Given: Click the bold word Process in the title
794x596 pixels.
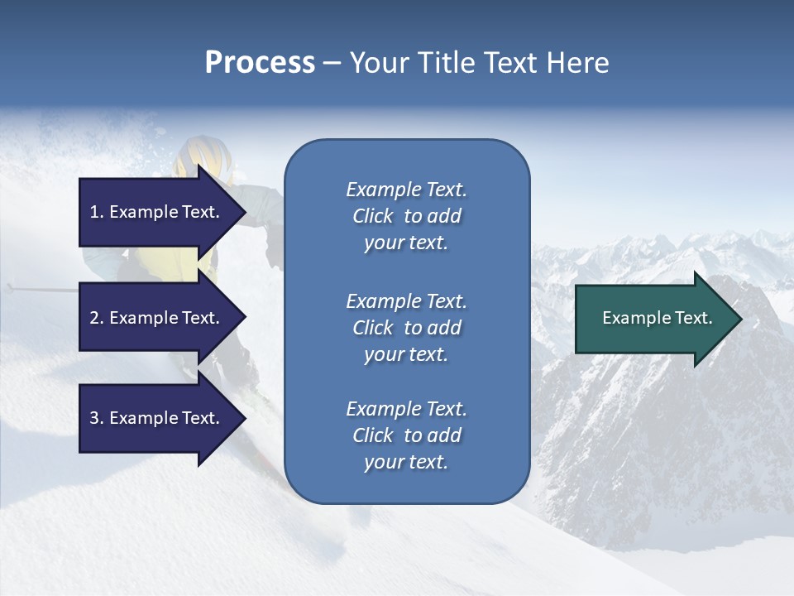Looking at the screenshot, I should click(x=260, y=63).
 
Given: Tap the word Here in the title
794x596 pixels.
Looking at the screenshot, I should click(x=577, y=63).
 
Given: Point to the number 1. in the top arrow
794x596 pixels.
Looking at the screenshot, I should click(x=97, y=212).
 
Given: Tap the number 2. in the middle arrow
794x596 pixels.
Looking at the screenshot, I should click(x=97, y=318).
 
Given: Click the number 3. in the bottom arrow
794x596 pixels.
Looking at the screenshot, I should click(x=97, y=418).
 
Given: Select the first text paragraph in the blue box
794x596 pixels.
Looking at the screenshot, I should click(x=406, y=216).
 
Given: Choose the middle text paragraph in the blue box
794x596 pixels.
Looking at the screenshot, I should click(x=406, y=328).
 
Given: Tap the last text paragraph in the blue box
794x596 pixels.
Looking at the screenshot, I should click(x=406, y=435).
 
